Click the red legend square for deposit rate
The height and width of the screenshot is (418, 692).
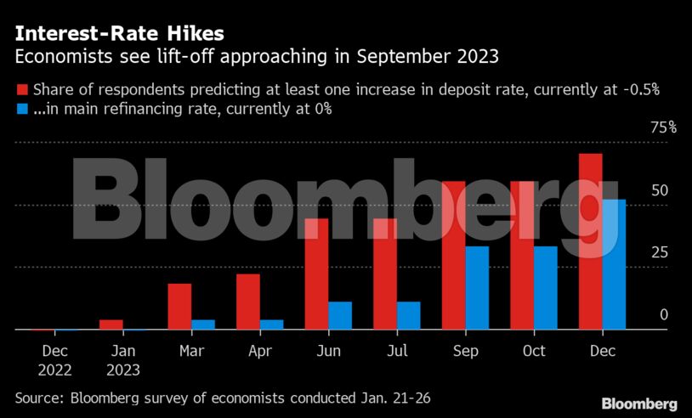[x=21, y=88]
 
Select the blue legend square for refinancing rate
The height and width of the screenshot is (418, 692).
[x=21, y=108]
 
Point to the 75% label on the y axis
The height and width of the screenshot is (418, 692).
[x=663, y=127]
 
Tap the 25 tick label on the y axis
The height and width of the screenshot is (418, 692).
[x=660, y=252]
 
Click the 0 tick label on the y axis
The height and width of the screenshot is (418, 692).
[x=664, y=314]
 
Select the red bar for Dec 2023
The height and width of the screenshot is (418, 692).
[x=590, y=241]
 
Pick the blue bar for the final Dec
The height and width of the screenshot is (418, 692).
[x=614, y=264]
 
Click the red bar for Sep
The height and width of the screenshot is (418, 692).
[x=453, y=255]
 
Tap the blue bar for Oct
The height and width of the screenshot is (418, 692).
[x=545, y=287]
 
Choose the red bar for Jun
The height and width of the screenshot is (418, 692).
[x=316, y=274]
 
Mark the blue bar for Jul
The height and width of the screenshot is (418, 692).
[x=408, y=315]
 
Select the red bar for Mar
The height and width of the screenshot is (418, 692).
[x=179, y=306]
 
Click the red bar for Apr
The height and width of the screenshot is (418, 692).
[x=247, y=302]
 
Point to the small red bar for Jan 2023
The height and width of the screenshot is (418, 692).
[x=111, y=324]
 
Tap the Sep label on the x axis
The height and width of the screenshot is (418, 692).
[x=465, y=350]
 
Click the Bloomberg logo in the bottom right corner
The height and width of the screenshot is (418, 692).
[x=639, y=404]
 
